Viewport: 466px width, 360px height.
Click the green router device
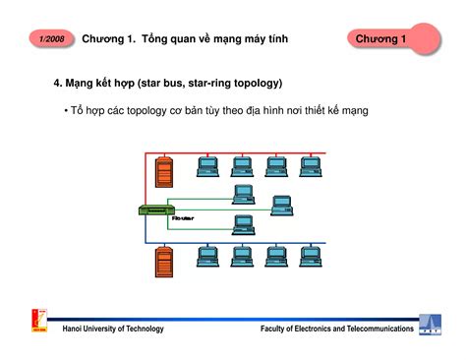(x=155, y=210)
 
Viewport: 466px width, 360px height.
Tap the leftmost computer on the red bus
(x=207, y=165)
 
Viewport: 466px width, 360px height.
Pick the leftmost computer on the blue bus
(x=207, y=256)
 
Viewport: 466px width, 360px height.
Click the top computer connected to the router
(x=242, y=194)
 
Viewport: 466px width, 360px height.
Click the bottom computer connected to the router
(x=242, y=225)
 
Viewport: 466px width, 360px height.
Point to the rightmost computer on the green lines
(x=281, y=205)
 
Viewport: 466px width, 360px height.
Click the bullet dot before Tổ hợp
(x=65, y=111)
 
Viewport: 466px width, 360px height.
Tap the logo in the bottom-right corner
(x=430, y=326)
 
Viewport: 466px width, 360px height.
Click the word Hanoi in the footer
(x=74, y=328)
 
